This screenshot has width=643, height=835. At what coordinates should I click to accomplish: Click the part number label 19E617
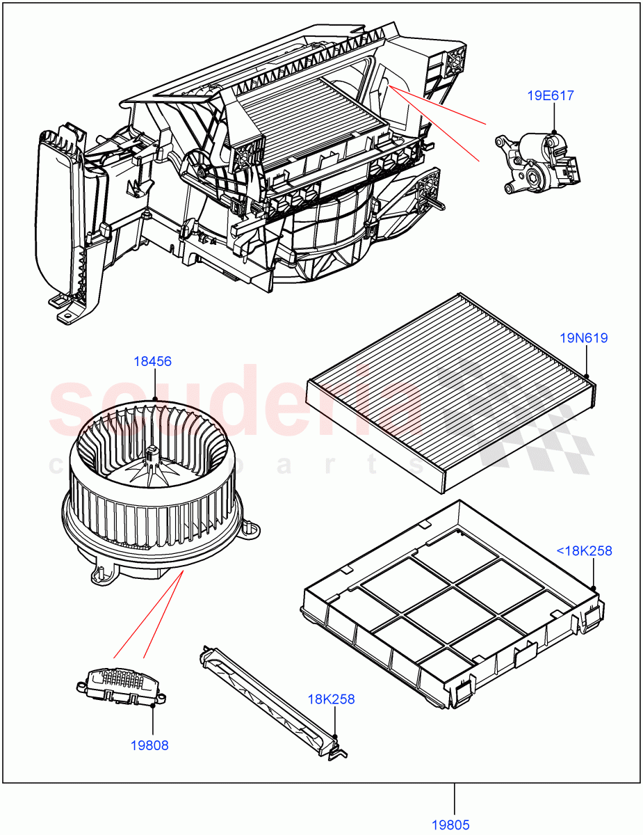pos(550,95)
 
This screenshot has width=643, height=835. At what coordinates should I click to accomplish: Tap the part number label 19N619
pos(584,338)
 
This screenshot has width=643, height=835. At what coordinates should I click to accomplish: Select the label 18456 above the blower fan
pos(153,361)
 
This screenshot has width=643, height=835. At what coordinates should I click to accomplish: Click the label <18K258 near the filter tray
pos(583,551)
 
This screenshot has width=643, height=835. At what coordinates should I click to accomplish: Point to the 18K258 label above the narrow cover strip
pos(332,699)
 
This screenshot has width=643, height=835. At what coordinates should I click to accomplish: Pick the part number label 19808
pos(149,745)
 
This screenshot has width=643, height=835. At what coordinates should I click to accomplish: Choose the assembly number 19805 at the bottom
pos(450,825)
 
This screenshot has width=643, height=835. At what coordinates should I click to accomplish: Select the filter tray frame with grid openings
pos(452,605)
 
